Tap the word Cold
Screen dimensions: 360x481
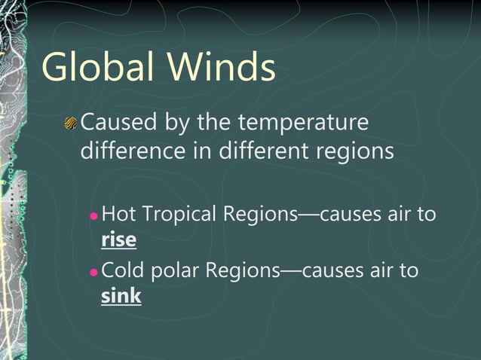tap(118, 270)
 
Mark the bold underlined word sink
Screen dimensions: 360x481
tap(121, 296)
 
